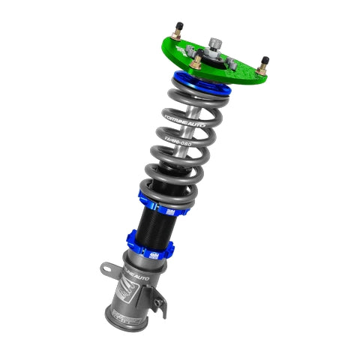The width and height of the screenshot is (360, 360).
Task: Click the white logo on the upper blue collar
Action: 172,211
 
